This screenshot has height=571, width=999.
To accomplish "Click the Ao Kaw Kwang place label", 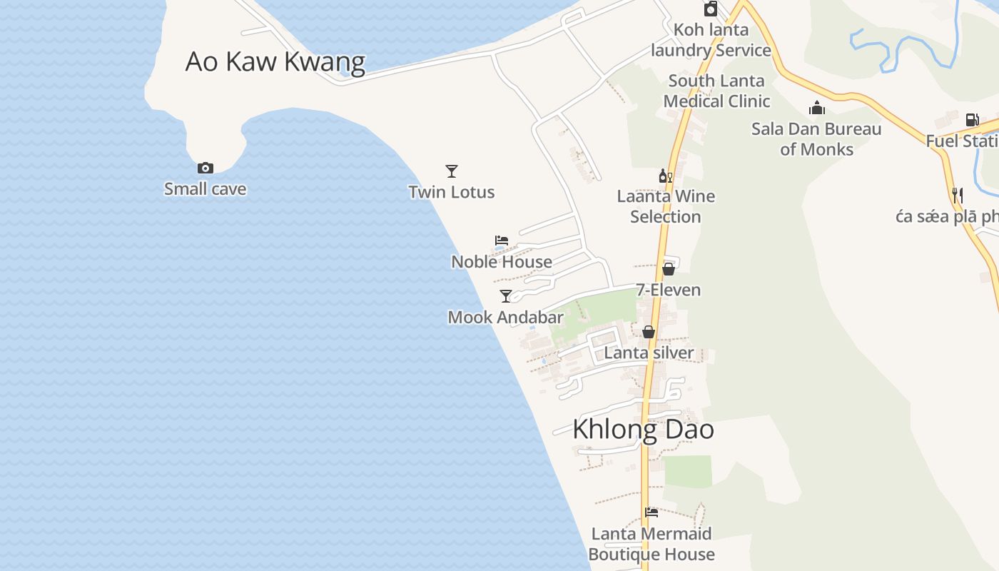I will (x=275, y=62).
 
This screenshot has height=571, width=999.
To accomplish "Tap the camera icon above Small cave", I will (x=206, y=168).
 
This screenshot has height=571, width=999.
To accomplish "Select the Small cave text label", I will (x=206, y=189).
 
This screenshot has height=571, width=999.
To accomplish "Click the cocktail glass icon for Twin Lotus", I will (x=452, y=171).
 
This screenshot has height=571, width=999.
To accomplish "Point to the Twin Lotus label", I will (x=452, y=192).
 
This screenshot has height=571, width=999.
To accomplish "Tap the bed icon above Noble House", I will (x=502, y=241).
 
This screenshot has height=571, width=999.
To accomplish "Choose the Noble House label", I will (x=502, y=262).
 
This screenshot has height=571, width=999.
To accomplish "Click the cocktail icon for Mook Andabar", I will (x=506, y=296).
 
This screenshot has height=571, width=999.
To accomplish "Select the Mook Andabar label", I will (x=506, y=317).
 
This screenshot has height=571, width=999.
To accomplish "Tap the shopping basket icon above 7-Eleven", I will (x=669, y=269).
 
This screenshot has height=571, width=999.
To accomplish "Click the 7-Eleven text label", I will (x=669, y=290).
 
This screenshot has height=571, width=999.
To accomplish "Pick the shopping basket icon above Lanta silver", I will (x=649, y=332).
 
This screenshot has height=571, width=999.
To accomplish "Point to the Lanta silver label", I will (x=649, y=353).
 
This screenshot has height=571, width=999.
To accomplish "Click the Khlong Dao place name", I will (x=644, y=430).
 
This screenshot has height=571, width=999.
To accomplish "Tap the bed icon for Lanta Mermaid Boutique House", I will (x=651, y=512).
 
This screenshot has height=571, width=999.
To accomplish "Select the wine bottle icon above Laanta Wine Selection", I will (x=666, y=176).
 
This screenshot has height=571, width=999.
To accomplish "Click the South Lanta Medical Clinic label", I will (x=716, y=91).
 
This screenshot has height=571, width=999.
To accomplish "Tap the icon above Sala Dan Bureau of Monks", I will (x=817, y=108).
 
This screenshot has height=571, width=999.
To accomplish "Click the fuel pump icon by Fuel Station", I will (x=972, y=120).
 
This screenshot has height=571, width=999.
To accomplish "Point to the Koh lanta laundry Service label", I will (x=711, y=40).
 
